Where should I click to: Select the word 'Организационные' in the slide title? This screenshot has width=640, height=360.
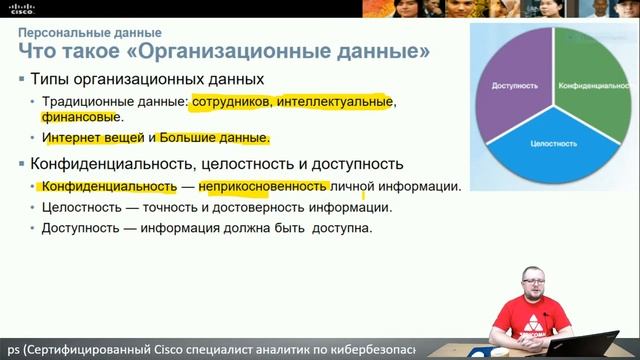coord(267,50)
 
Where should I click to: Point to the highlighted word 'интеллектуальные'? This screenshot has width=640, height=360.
coord(329,102)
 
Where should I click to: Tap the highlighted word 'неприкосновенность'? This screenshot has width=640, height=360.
coord(263,187)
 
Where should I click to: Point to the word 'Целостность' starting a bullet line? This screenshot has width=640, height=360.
coord(82,208)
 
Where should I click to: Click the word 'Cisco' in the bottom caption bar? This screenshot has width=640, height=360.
coord(180,350)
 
